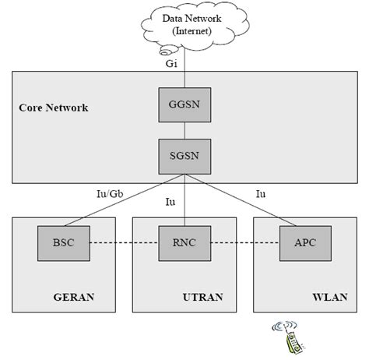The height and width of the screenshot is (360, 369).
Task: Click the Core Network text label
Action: click(x=53, y=107)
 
